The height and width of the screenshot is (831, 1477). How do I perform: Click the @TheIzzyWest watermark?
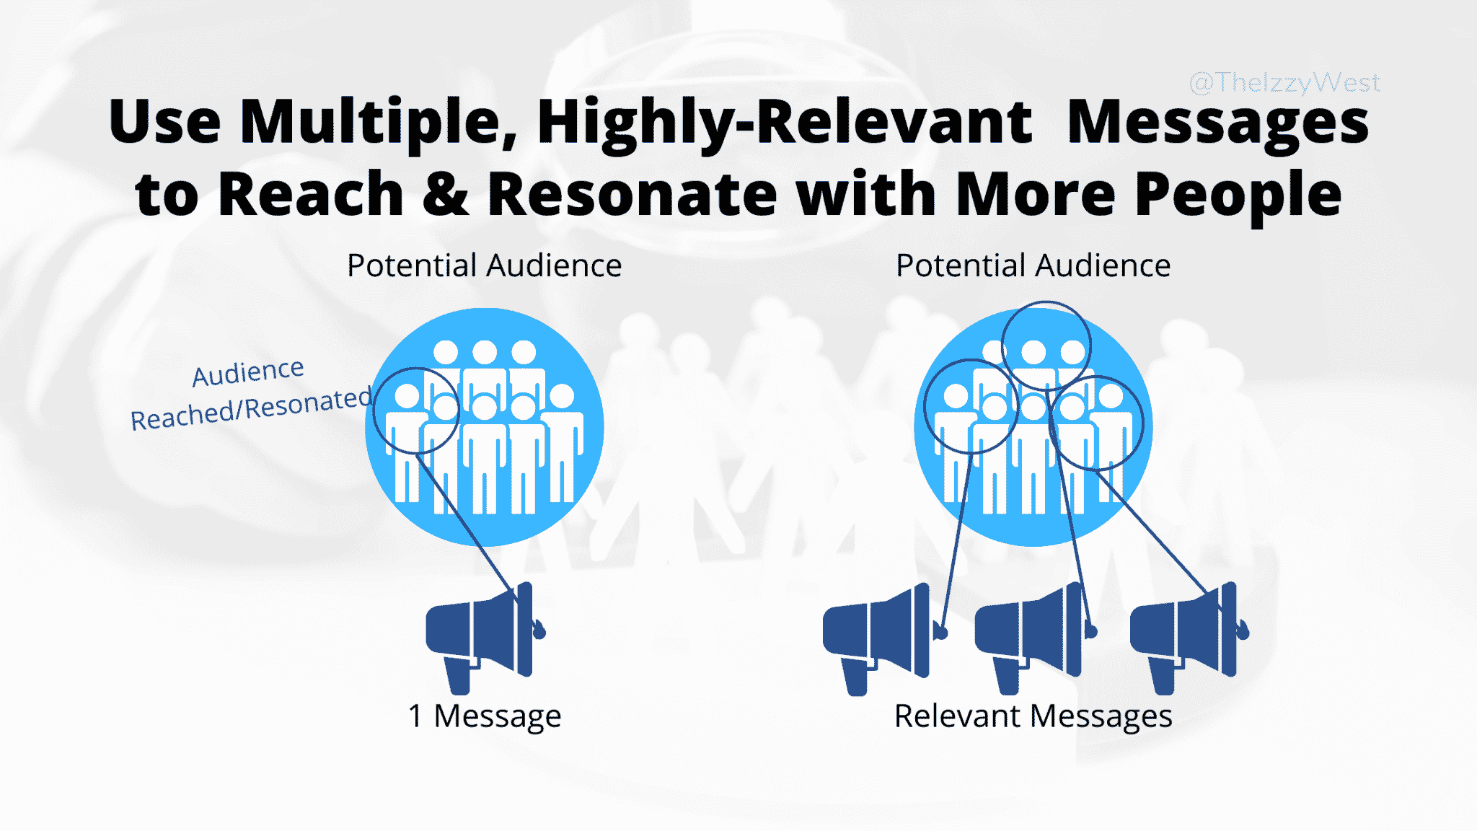pos(1284,83)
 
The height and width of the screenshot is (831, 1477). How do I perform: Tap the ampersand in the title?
pos(445,195)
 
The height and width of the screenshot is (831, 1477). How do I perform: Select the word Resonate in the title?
pos(632,195)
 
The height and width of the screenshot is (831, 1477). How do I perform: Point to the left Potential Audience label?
pos(484,265)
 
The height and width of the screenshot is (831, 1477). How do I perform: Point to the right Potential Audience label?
pos(1033,265)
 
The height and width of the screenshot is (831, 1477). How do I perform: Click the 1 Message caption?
pos(484,716)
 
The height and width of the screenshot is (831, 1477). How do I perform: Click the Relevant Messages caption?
pos(1033,716)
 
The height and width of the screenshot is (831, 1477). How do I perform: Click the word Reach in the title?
pos(310,195)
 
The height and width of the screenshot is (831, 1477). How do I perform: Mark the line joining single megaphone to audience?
pos(469,527)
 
